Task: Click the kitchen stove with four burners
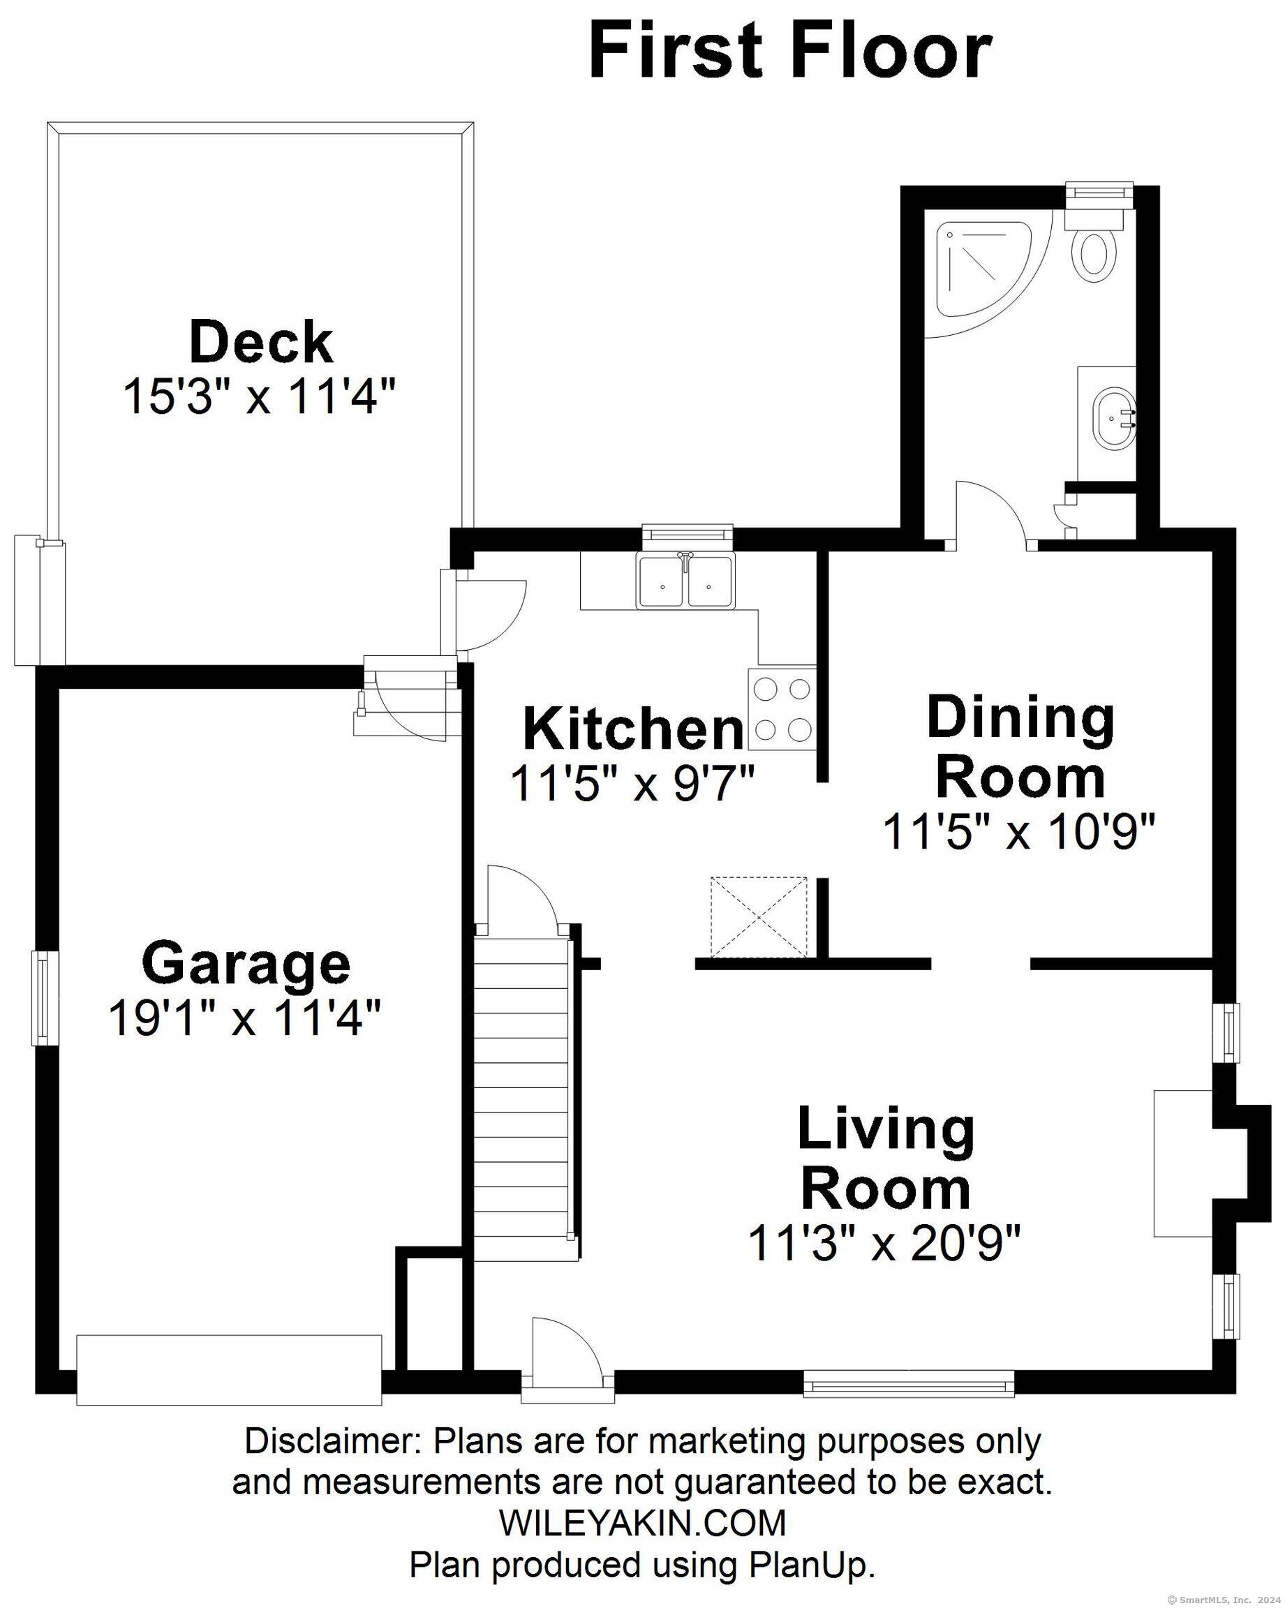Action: click(x=782, y=708)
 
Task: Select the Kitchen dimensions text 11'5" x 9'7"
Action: click(x=632, y=784)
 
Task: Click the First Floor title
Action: click(x=790, y=52)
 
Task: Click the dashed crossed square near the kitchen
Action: click(x=759, y=917)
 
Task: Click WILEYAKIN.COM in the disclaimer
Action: click(x=643, y=1522)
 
